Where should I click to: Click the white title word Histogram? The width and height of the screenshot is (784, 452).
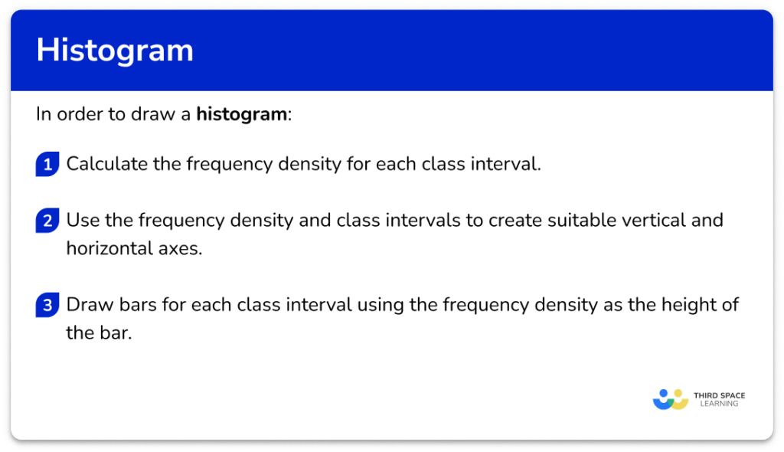[x=115, y=51]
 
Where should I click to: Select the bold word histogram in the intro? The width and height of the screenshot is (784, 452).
[x=241, y=115]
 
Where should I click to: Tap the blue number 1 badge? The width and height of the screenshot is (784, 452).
[x=47, y=165]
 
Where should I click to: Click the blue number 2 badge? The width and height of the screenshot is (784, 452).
[x=47, y=221]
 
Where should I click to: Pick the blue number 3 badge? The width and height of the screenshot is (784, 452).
[x=47, y=306]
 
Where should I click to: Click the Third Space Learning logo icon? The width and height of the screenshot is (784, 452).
[x=671, y=399]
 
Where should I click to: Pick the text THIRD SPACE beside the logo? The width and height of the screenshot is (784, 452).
[x=719, y=395]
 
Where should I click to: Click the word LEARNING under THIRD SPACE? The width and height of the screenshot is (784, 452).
[x=719, y=404]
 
